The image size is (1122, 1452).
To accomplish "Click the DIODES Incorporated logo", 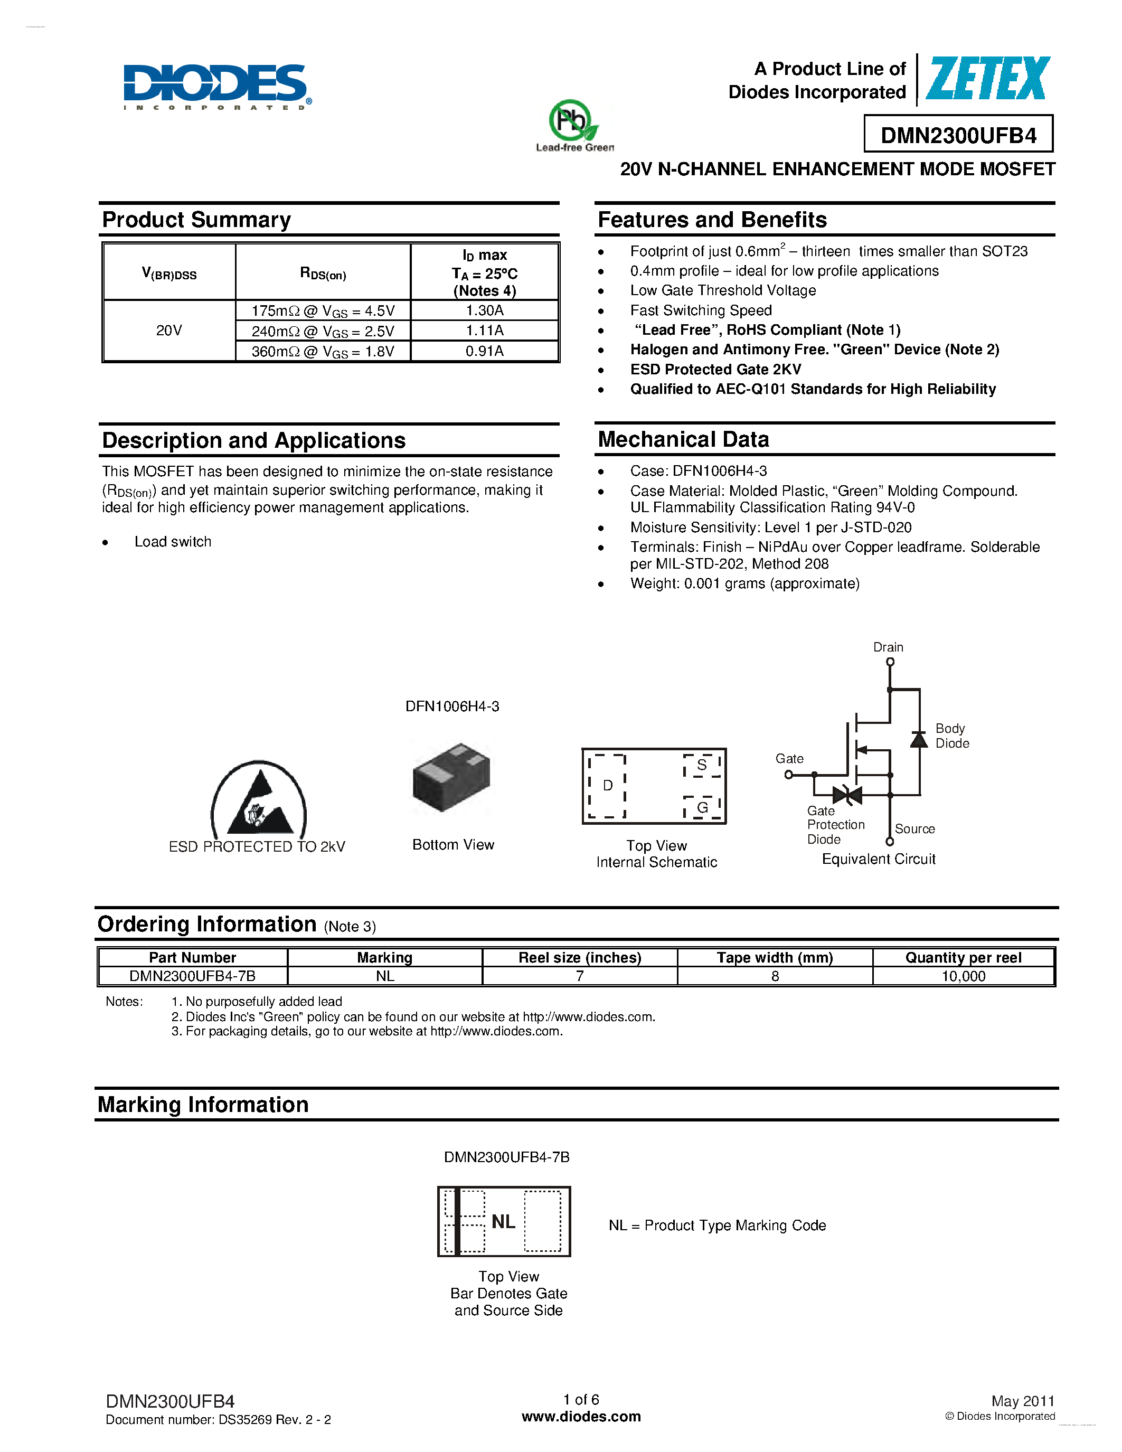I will [216, 85].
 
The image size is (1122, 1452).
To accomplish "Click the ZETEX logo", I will [988, 79].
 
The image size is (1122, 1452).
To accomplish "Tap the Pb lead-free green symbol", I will [572, 121].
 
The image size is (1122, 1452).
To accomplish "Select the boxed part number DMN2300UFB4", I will [958, 135].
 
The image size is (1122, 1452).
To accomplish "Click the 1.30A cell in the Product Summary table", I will [485, 310].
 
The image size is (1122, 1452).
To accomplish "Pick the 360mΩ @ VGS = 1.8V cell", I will [323, 351].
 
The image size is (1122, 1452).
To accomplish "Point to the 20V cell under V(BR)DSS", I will [169, 331].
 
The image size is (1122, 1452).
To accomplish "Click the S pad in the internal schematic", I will [702, 765].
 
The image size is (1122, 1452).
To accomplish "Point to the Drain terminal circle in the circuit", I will [890, 662].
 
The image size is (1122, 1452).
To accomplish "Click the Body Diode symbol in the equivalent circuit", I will [919, 739].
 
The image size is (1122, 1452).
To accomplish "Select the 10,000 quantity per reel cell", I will [963, 976].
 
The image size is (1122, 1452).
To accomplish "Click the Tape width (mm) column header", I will [775, 957].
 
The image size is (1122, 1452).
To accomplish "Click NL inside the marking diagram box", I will [503, 1222].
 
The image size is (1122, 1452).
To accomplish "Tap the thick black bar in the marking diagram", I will [457, 1222].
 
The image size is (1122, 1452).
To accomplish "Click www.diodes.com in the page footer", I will [581, 1417].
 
